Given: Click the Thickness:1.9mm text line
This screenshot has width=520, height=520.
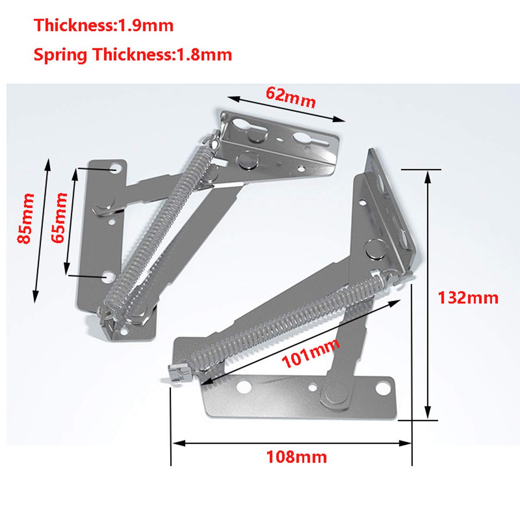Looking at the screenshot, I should pyautogui.click(x=104, y=26).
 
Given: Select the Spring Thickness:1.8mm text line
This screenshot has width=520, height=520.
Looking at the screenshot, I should pyautogui.click(x=133, y=55).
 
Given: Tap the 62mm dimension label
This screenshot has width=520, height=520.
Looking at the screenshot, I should pyautogui.click(x=290, y=97).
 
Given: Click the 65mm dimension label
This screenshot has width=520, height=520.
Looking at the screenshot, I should pyautogui.click(x=59, y=218).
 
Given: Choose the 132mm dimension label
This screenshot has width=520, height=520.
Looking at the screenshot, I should pyautogui.click(x=468, y=298).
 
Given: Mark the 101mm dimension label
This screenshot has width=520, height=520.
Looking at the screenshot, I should pyautogui.click(x=311, y=354).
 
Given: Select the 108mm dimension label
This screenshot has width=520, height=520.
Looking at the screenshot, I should pyautogui.click(x=296, y=457).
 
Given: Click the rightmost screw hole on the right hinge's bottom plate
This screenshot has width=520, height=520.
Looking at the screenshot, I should pyautogui.click(x=382, y=388).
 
